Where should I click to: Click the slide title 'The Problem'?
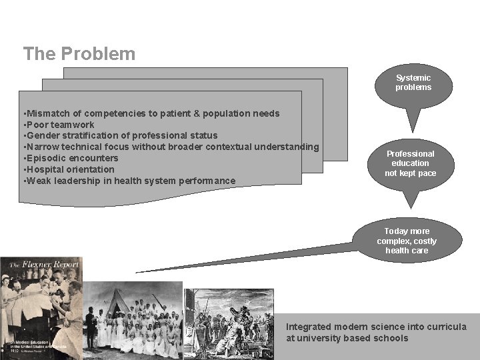point(79,53)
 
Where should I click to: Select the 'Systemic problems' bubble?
point(413,83)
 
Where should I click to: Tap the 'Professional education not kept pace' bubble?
point(410,163)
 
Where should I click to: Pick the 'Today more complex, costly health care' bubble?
point(407,241)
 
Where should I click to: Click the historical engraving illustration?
point(228,323)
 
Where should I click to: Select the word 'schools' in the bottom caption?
point(393,338)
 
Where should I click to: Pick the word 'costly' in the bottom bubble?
point(424,241)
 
